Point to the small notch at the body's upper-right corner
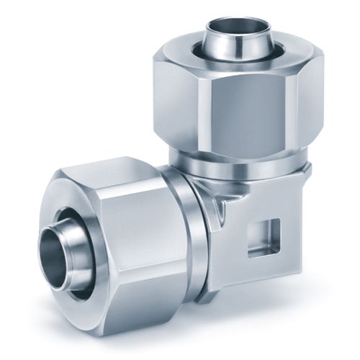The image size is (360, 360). coord(307,170)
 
